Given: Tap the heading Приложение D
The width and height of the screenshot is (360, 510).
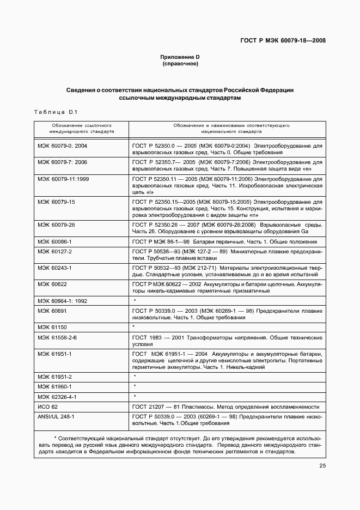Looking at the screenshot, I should [180, 57].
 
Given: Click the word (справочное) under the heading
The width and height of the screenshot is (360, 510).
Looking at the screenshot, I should [180, 64].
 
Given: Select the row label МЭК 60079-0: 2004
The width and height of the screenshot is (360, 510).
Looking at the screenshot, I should [63, 147].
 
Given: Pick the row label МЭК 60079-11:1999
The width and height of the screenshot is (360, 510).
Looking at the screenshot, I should [63, 178].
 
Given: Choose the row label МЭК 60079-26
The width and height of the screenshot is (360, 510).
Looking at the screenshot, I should [57, 224].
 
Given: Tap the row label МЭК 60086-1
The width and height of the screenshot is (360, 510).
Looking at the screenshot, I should [55, 241].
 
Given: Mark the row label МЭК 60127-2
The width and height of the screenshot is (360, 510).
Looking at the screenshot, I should [55, 252].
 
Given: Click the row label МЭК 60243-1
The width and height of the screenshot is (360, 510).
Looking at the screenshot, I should [55, 268].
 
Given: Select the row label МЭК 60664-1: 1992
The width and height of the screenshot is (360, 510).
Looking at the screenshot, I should [63, 300].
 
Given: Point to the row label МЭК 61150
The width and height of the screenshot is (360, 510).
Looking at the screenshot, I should [52, 327].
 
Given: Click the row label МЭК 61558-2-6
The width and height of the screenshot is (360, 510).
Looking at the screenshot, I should [57, 338].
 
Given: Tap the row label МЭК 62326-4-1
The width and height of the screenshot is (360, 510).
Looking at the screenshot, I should [57, 397].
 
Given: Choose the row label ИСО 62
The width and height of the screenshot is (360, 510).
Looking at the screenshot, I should [48, 407].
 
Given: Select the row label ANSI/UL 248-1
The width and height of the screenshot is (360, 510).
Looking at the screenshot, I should [56, 417].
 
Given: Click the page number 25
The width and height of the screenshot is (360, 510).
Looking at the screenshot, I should [322, 465].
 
